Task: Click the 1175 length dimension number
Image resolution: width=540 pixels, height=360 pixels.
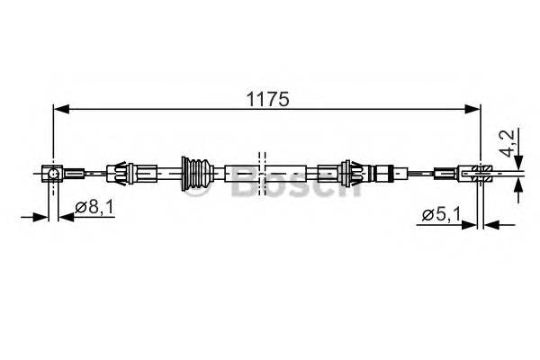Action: (268, 100)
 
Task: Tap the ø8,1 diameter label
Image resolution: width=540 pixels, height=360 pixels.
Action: (93, 208)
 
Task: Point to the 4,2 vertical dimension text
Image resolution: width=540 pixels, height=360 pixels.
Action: (511, 144)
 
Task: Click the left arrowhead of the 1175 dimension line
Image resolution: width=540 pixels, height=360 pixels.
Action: (60, 110)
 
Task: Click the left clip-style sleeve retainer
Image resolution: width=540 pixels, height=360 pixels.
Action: (120, 171)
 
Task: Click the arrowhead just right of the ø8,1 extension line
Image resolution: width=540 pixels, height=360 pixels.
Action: (66, 216)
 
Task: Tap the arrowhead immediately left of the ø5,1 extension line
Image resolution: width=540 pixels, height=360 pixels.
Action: (475, 222)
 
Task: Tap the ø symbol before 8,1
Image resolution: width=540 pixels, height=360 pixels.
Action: (80, 209)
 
